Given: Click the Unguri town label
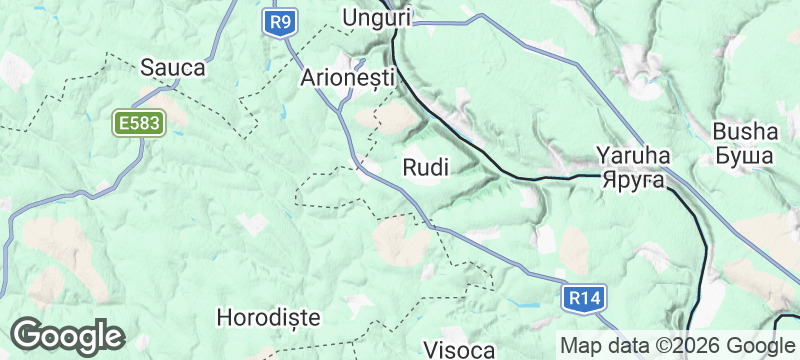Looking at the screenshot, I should coord(377,17).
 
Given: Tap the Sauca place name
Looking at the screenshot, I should coord(173,68).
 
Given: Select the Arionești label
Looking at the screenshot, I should coord(349,77).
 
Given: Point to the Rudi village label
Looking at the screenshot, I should coord(425,167).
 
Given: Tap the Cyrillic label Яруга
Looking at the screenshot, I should coord(634,180).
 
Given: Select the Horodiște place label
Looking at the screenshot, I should coord(268,317).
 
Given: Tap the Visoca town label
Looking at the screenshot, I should coord(460,350).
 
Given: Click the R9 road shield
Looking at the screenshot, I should coord(283,21).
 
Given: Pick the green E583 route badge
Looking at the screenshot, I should coord(137,123).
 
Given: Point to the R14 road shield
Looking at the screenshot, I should coord(582,297).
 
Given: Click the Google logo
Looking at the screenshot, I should coord(67,335).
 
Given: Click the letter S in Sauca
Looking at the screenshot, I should coord(147,68).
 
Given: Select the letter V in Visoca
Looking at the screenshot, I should coord(432,350).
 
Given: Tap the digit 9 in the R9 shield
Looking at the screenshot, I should coord(289,21).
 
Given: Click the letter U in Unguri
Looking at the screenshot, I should coord(350,17).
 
